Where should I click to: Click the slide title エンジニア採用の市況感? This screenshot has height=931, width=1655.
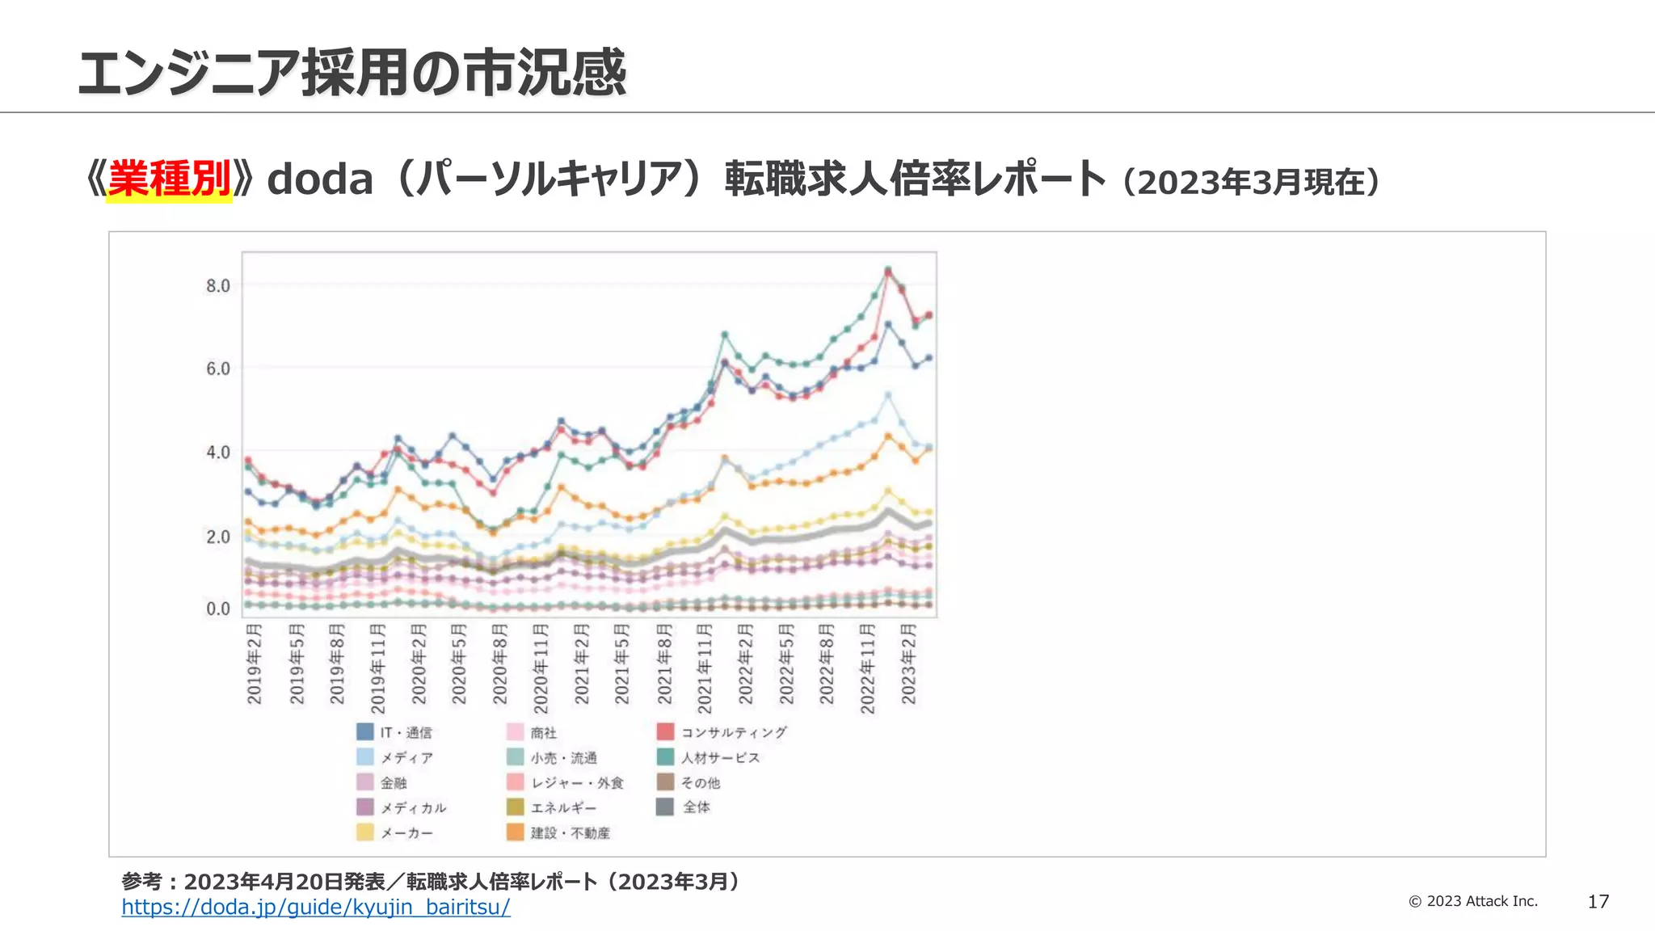tap(352, 73)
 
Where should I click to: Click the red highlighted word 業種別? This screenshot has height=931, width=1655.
tap(170, 179)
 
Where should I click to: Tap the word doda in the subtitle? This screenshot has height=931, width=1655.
tap(320, 179)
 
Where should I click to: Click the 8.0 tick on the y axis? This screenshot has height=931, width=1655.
tap(217, 285)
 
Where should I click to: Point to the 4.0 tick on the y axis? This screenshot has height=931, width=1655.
tap(217, 452)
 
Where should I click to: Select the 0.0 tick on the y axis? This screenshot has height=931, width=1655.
tap(217, 609)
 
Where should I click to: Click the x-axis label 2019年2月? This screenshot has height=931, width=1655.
tap(254, 663)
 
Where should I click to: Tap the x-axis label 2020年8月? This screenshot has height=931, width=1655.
tap(499, 663)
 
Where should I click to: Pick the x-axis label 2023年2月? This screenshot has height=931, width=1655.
tap(908, 663)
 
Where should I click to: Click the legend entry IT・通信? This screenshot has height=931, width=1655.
tap(406, 732)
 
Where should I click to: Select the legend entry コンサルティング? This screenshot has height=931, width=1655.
tap(733, 732)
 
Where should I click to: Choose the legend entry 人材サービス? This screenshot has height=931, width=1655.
tap(719, 757)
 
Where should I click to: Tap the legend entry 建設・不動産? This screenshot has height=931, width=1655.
tap(570, 832)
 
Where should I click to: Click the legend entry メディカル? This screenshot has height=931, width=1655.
tap(413, 807)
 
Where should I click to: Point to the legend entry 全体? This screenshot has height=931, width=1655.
tap(696, 807)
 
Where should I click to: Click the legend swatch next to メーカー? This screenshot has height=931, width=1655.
tap(365, 832)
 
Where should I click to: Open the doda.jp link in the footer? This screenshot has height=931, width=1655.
tap(316, 907)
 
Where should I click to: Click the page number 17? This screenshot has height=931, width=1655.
tap(1598, 902)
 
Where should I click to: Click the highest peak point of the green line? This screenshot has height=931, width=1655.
tap(887, 269)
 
